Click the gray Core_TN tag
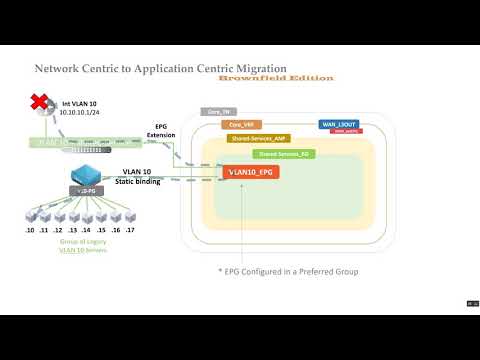coord(218,112)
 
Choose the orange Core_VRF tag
coord(242,125)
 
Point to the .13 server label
coord(74,230)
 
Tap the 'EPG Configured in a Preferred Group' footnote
coord(289,272)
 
